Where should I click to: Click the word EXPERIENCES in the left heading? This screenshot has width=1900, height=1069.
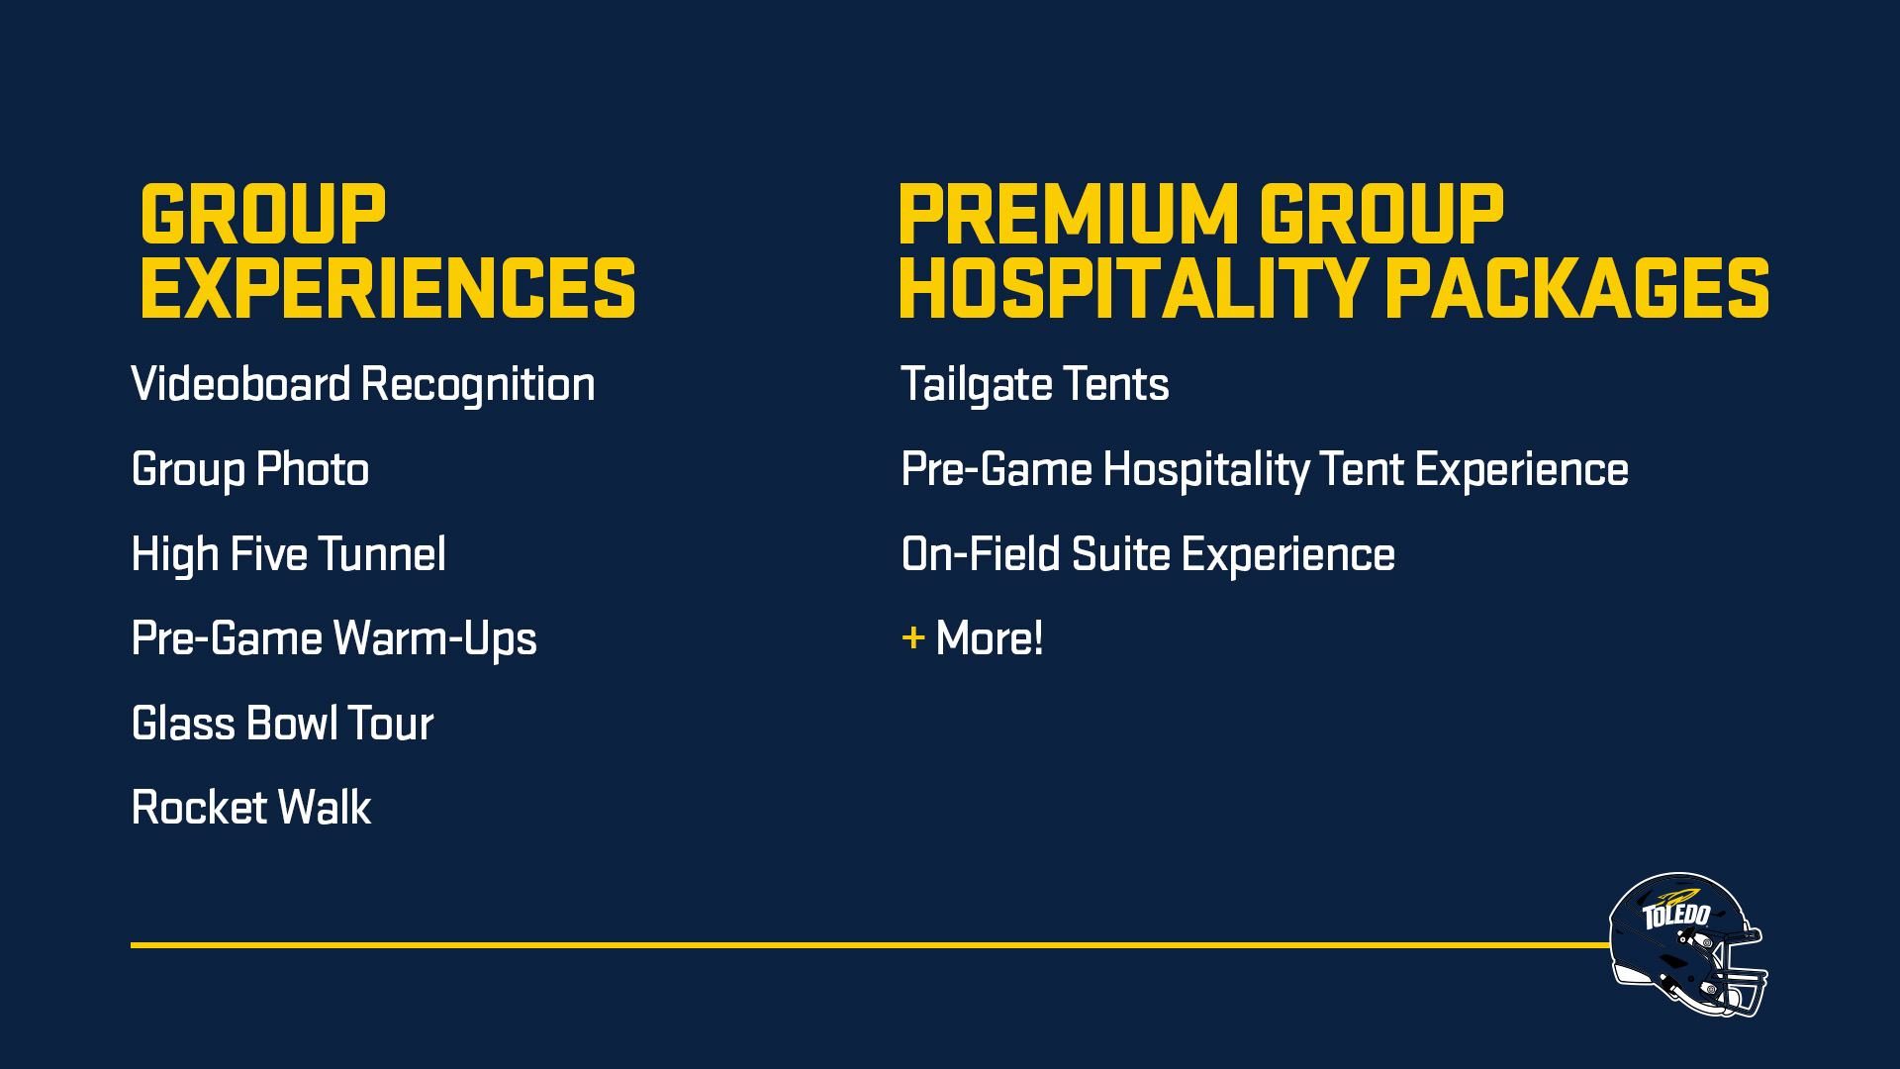point(388,288)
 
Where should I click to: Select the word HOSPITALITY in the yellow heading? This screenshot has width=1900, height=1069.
point(1134,288)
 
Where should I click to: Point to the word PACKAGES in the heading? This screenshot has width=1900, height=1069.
point(1577,288)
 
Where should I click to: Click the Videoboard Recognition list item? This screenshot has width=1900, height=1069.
point(363,385)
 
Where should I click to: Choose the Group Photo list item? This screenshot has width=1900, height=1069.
point(250,470)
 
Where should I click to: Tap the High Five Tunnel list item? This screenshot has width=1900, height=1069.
point(289,554)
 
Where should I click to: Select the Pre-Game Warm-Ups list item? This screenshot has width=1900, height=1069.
point(334,639)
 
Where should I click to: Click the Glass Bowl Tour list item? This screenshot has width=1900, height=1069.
point(283,724)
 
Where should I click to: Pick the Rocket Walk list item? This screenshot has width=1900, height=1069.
point(251,808)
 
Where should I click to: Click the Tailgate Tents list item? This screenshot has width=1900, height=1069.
point(1035,385)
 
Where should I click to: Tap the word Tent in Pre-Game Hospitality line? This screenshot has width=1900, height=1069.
point(1362,469)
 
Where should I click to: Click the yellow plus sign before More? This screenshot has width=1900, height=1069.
point(913,638)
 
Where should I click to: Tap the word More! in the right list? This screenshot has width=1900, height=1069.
point(990,638)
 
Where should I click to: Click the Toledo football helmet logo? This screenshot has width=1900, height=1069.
point(1688,944)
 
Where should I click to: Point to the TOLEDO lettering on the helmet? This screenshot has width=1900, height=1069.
point(1676,915)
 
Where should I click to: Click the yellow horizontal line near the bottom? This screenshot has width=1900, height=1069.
point(870,945)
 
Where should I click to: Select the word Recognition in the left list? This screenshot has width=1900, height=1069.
point(478,385)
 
